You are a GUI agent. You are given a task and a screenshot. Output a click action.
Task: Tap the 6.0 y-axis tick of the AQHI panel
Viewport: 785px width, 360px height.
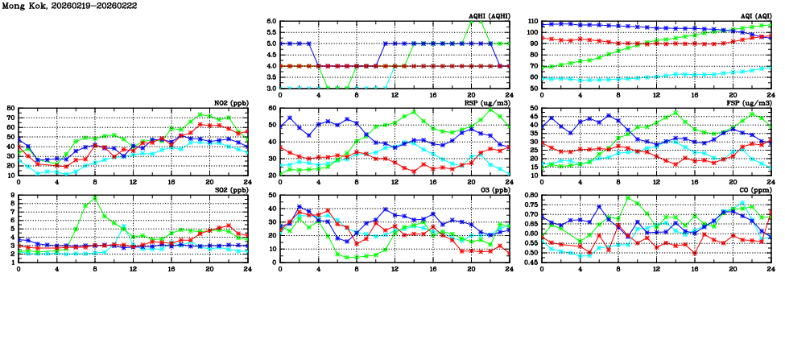point(271,22)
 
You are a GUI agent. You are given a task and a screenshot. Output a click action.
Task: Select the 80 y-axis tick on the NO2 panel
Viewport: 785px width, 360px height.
point(10,108)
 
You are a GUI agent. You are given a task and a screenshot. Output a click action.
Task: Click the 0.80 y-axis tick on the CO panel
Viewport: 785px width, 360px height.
point(527,195)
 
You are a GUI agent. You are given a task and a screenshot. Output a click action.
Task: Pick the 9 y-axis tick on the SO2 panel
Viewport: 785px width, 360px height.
point(12,195)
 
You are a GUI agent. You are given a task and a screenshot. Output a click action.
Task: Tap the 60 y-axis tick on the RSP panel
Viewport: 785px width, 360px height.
point(271,108)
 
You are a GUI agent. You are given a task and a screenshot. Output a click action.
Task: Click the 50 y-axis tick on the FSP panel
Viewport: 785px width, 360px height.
point(532,108)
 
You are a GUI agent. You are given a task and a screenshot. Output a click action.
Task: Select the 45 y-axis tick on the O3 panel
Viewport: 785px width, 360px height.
point(271,195)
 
